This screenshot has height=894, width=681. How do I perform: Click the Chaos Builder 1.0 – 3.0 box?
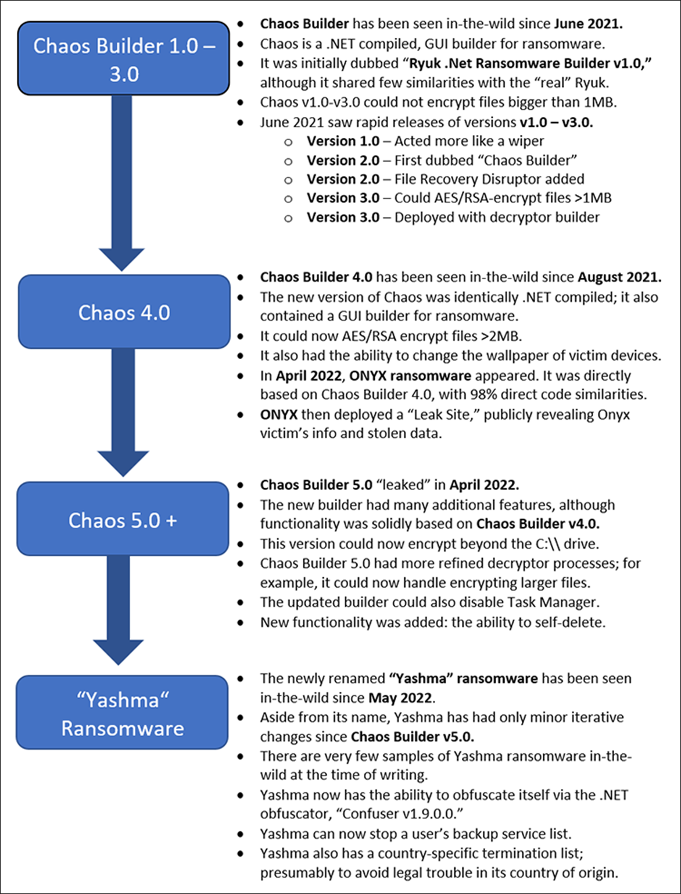[x=124, y=59]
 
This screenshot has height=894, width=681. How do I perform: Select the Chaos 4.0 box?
[x=124, y=312]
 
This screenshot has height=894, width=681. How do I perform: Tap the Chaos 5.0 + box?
[x=123, y=519]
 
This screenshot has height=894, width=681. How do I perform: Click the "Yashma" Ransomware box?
[x=123, y=713]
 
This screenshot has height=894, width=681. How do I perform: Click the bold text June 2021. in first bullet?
[x=588, y=24]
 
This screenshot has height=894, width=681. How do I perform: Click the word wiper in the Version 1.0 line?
[x=525, y=141]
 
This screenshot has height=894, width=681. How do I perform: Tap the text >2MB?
[x=503, y=336]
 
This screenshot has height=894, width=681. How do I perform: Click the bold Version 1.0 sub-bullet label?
[x=343, y=141]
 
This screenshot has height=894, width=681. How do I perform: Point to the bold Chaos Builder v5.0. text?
[x=412, y=736]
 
